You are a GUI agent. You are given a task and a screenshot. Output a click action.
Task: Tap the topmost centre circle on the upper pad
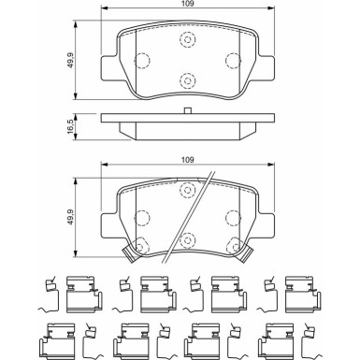tap(188, 41)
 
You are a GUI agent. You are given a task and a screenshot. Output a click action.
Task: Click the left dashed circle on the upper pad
tap(142, 62)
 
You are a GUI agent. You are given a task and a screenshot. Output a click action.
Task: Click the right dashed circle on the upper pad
tap(234, 62)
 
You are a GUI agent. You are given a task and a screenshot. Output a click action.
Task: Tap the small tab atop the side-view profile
tap(188, 112)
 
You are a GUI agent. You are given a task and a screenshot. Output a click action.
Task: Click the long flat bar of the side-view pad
tap(188, 121)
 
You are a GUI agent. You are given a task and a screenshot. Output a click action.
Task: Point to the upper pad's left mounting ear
tap(109, 69)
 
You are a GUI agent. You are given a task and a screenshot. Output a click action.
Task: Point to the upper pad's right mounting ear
tap(266, 69)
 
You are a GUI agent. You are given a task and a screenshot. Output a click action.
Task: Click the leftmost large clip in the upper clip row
tap(79, 292)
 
